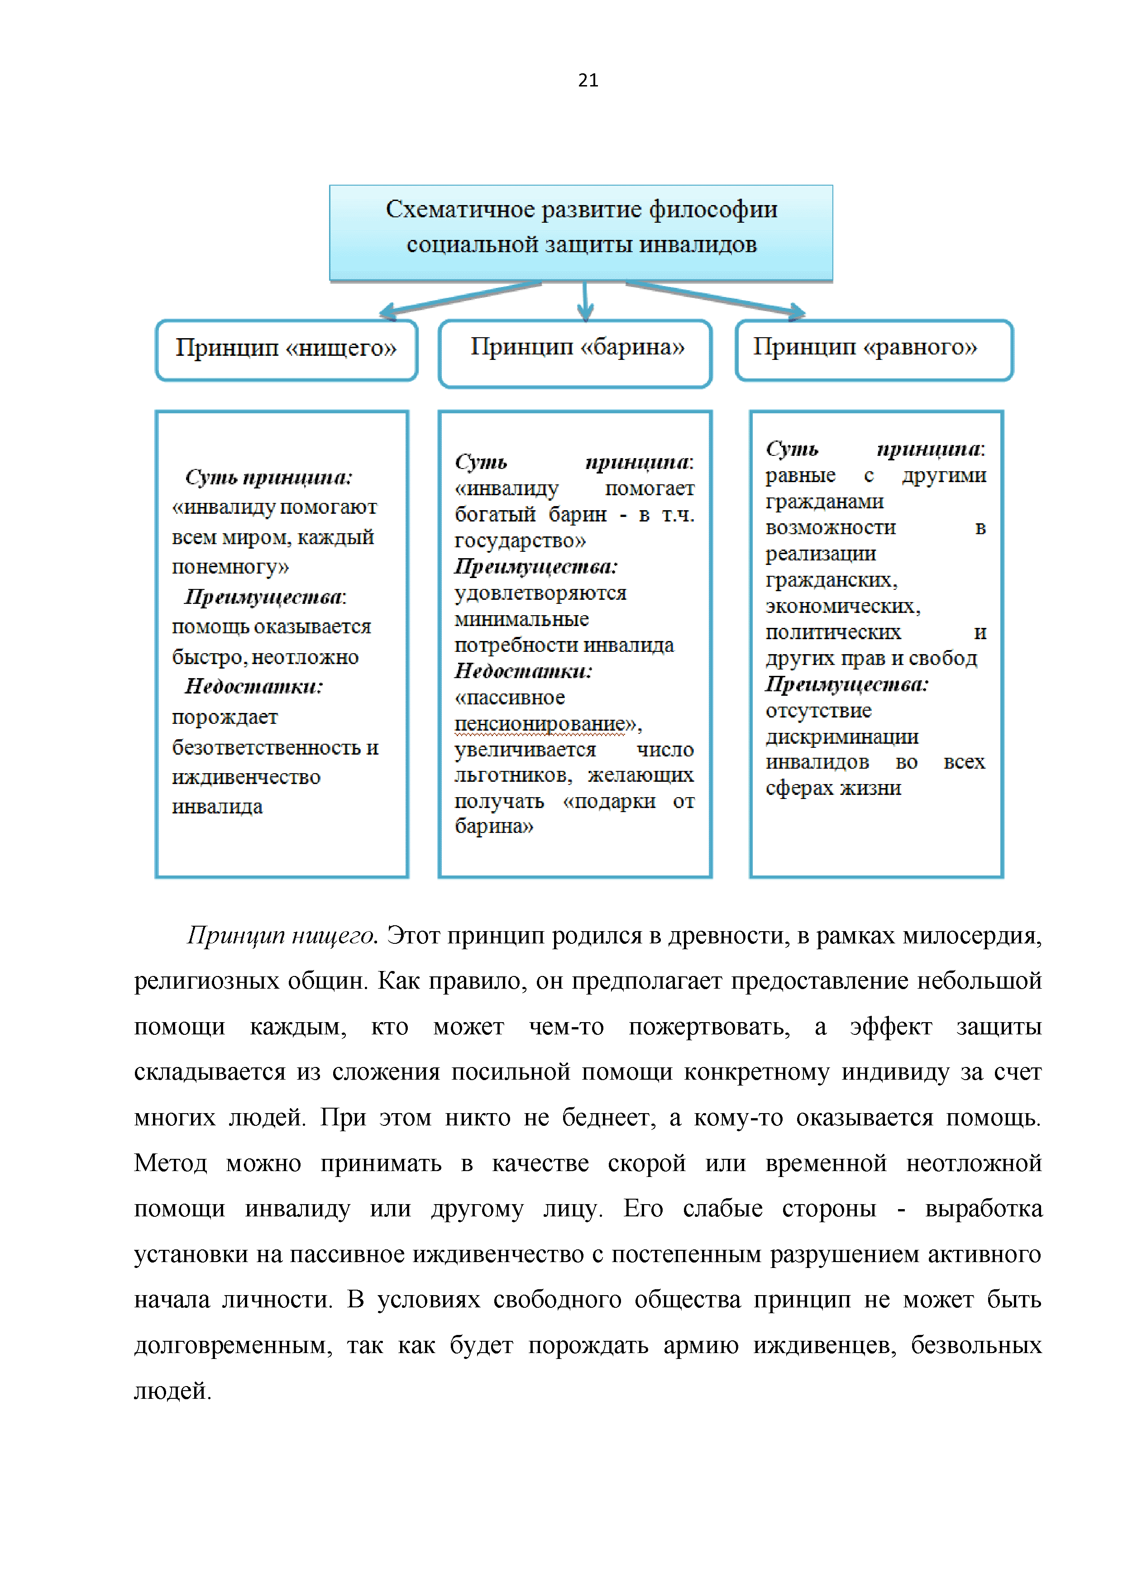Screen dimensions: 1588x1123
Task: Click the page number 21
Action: [x=588, y=80]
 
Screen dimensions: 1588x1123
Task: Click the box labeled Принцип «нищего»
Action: [x=286, y=349]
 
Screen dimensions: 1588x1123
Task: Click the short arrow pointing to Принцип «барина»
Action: [x=586, y=301]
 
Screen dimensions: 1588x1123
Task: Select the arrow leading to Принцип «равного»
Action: [x=716, y=298]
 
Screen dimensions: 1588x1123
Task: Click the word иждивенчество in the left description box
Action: [x=246, y=777]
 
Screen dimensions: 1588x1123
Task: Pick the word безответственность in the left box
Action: [x=268, y=748]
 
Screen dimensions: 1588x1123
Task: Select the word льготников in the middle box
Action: [x=512, y=775]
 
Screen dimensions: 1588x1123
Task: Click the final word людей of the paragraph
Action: [x=172, y=1391]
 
